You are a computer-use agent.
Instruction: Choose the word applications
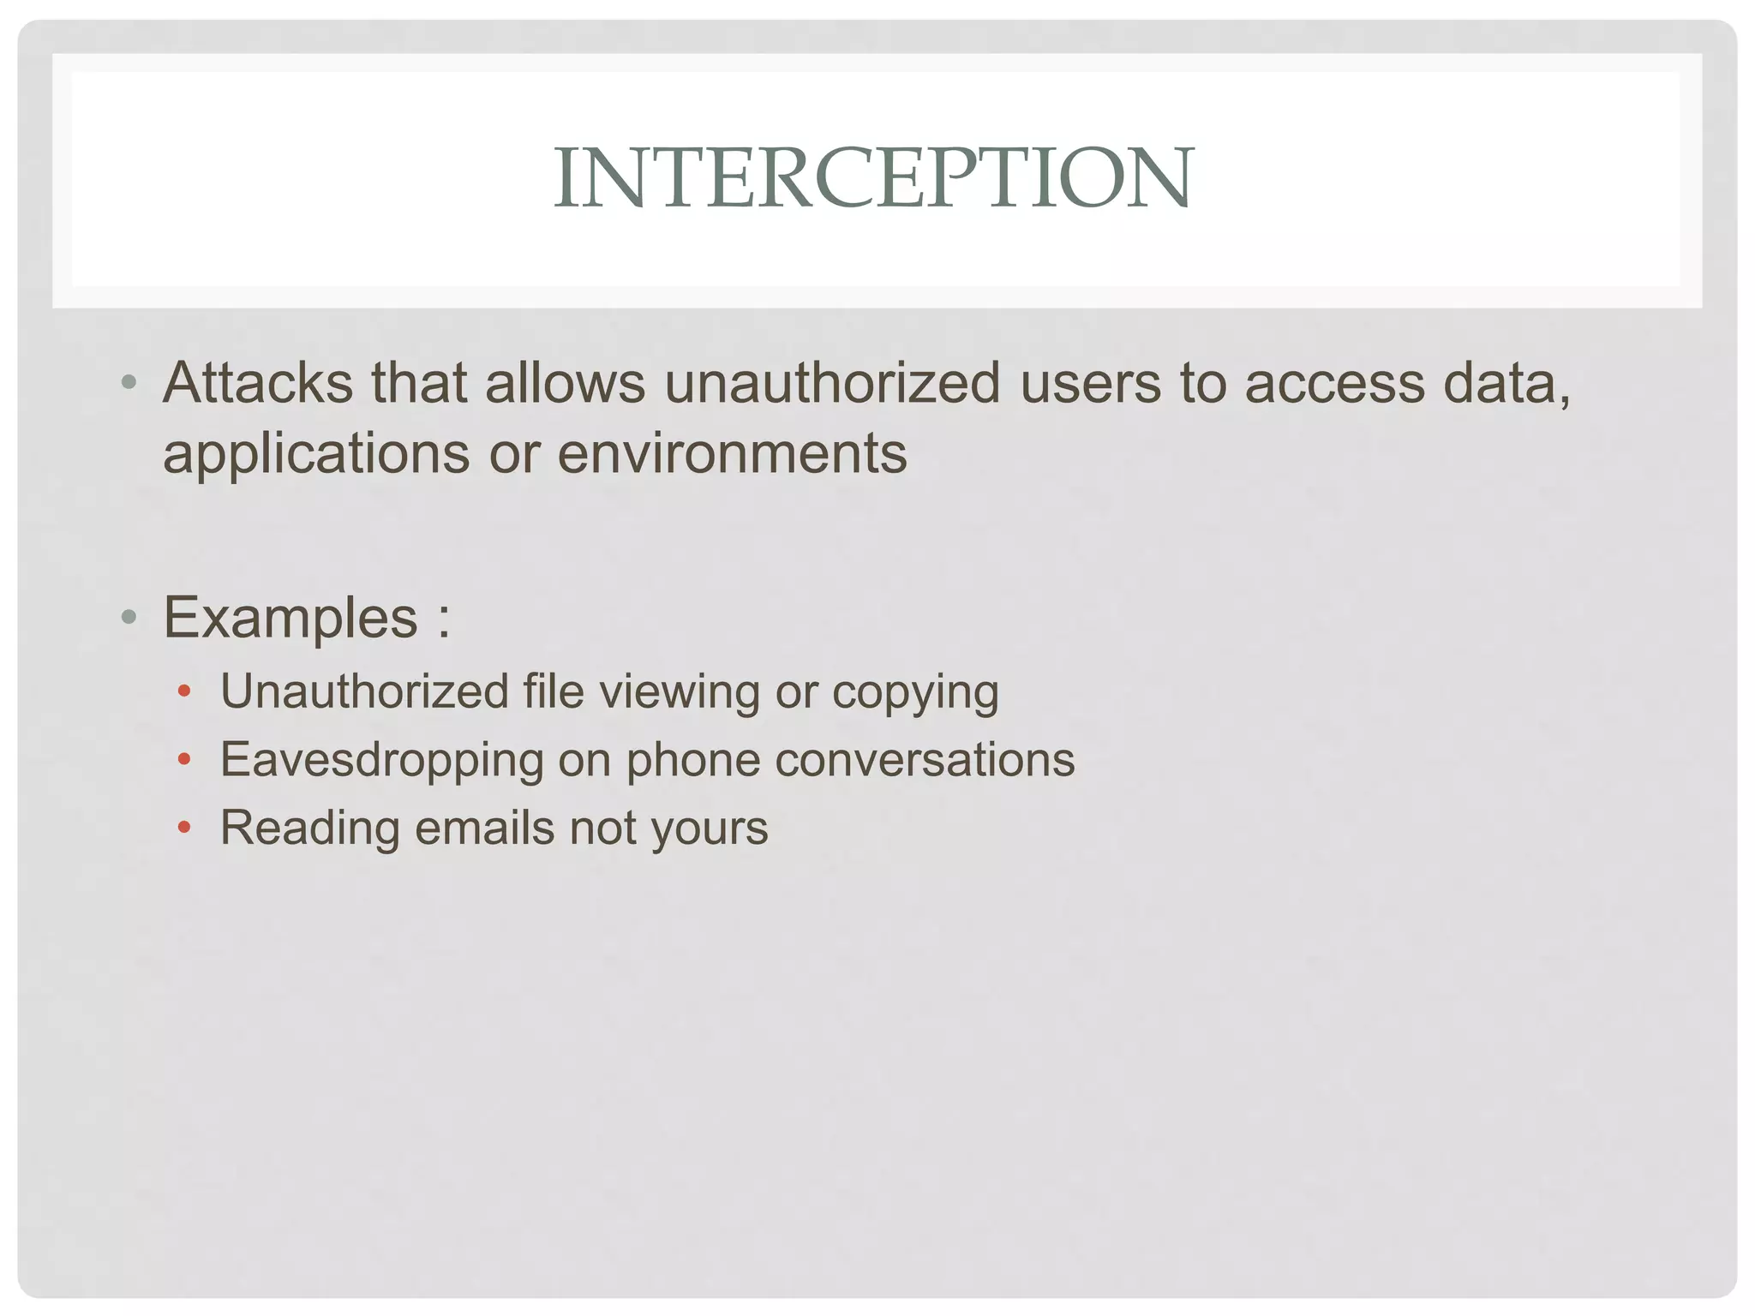click(x=315, y=454)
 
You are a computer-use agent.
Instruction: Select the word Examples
click(x=291, y=617)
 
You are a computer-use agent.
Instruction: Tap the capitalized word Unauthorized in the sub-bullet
click(x=364, y=691)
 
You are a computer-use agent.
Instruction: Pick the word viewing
click(x=679, y=693)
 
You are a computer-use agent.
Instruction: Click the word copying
click(x=915, y=693)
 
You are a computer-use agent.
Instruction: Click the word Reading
click(x=310, y=828)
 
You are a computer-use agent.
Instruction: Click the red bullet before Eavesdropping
click(x=183, y=759)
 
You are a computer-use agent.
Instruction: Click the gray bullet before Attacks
click(x=129, y=382)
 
